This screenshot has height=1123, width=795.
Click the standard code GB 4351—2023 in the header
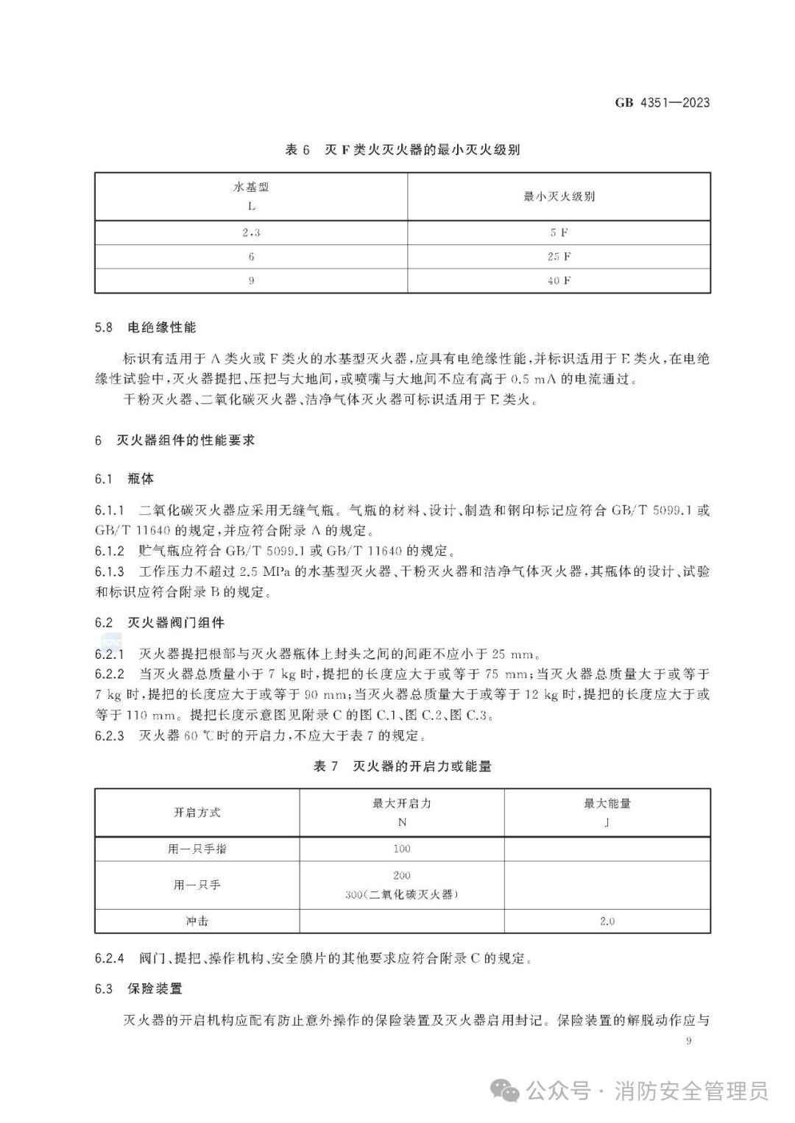pyautogui.click(x=662, y=103)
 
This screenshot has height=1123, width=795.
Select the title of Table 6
pyautogui.click(x=402, y=150)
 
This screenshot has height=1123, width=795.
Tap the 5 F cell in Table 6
pyautogui.click(x=559, y=232)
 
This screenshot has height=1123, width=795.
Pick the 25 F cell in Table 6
pyautogui.click(x=559, y=257)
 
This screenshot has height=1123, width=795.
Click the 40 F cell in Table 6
pyautogui.click(x=559, y=281)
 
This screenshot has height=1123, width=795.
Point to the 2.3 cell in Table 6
pyautogui.click(x=251, y=232)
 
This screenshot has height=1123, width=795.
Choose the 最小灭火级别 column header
pyautogui.click(x=559, y=196)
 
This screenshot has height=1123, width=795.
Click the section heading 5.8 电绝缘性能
pyautogui.click(x=146, y=327)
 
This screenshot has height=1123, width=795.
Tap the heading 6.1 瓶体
pyautogui.click(x=124, y=479)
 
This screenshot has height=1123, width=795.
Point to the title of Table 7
pyautogui.click(x=402, y=766)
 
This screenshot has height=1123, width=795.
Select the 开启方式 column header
pyautogui.click(x=197, y=813)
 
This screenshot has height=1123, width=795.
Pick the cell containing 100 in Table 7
pyautogui.click(x=402, y=849)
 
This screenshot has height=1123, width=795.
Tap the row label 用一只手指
pyautogui.click(x=197, y=849)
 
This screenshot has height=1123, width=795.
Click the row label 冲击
pyautogui.click(x=197, y=921)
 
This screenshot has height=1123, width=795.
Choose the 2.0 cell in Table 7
pyautogui.click(x=607, y=921)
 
